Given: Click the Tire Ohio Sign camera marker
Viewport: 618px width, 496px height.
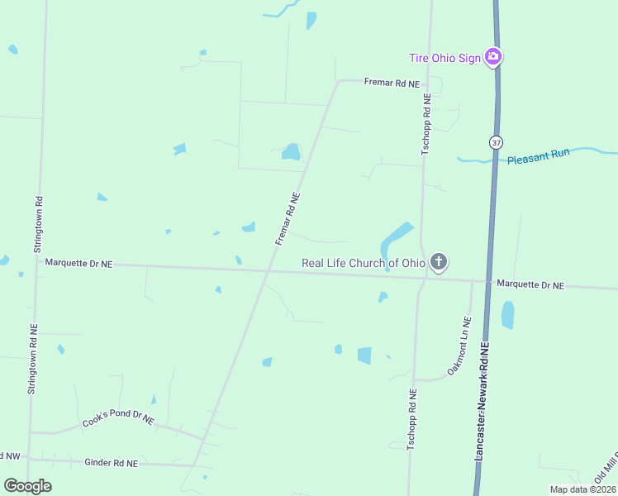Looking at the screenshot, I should (x=493, y=57).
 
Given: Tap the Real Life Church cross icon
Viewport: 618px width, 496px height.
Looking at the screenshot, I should (x=439, y=263).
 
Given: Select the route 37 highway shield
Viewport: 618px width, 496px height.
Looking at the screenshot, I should (x=496, y=142).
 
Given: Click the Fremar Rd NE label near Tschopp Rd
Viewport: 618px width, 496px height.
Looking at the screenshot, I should (x=392, y=83).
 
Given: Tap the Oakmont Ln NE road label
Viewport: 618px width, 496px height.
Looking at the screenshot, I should (x=459, y=346).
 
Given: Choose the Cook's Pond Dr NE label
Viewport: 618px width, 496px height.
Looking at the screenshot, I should (x=118, y=420).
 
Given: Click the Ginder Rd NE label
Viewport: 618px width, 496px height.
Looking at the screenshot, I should (x=111, y=463).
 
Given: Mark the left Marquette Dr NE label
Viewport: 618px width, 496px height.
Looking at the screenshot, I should (x=78, y=263).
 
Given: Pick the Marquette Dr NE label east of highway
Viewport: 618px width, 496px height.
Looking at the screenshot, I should (x=530, y=284).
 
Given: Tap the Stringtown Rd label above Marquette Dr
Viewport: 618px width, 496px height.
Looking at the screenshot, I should (x=38, y=224).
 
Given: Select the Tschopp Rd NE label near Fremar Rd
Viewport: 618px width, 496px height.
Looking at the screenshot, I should (x=426, y=124).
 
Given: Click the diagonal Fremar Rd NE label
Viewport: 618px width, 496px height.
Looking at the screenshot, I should (x=288, y=218).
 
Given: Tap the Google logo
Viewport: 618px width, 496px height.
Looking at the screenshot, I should (x=27, y=486).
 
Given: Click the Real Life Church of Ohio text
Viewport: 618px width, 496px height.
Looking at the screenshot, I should (x=364, y=263).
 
